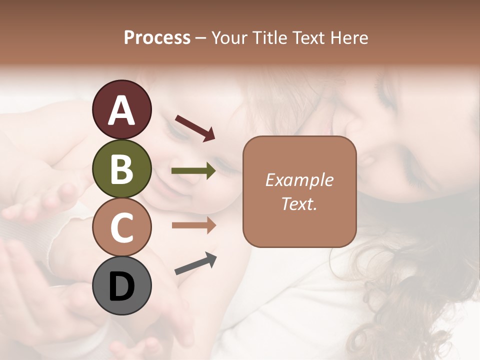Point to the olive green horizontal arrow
[x=193, y=171]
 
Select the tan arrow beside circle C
[x=193, y=225]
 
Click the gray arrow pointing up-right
[x=195, y=263]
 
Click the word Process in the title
[x=157, y=38]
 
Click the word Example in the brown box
[x=299, y=180]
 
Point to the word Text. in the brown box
[x=299, y=203]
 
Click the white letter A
[x=121, y=110]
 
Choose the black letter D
[x=121, y=286]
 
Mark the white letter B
[x=121, y=169]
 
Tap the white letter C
[x=121, y=228]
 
